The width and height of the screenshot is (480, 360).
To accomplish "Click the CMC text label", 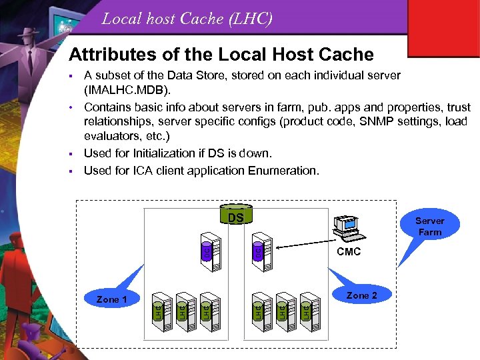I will (348, 252).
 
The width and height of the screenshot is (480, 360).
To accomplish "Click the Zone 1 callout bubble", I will (111, 299).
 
